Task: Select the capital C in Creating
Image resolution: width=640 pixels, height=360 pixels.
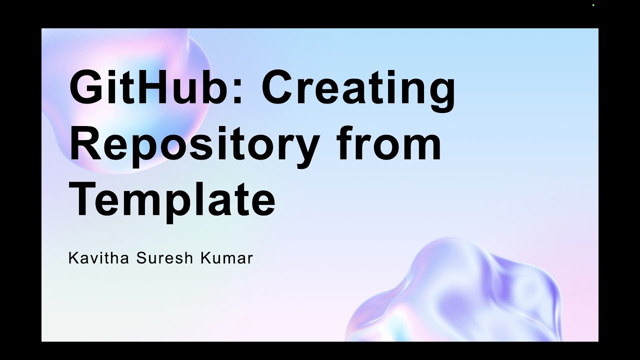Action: point(279,88)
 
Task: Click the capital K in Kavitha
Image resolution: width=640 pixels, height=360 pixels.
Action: point(72,258)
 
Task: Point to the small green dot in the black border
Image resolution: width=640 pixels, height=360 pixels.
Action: point(593,5)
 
